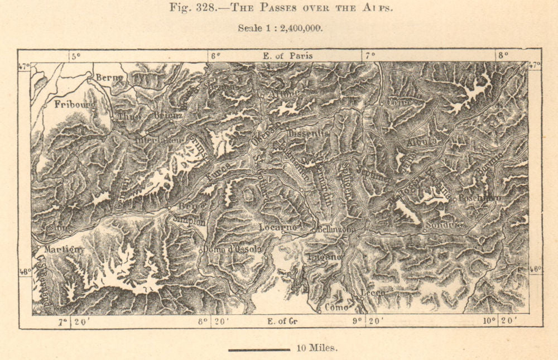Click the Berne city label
[x=109, y=78]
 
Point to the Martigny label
[x=65, y=249]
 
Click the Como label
[x=336, y=307]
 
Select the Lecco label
[x=373, y=292]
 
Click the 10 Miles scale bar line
[x=259, y=350]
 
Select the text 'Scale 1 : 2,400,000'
[x=279, y=28]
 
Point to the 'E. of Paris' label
[x=287, y=55]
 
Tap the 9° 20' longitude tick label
[x=365, y=321]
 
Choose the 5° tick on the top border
[x=75, y=55]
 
